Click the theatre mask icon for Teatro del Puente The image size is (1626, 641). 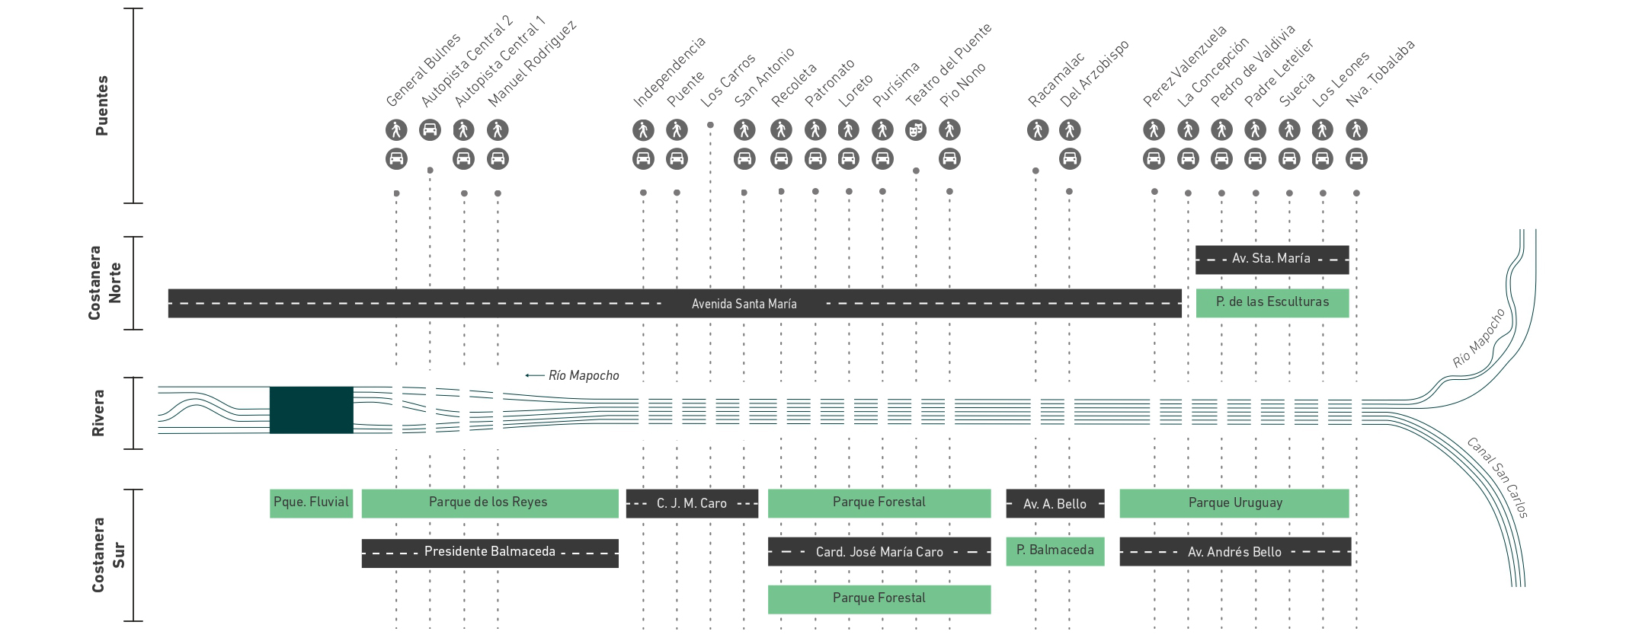916,130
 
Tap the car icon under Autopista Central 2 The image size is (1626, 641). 430,130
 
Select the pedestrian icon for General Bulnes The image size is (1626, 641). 396,130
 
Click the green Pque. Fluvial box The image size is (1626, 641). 311,503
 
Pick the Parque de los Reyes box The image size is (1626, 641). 490,503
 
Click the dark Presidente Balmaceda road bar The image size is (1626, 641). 490,553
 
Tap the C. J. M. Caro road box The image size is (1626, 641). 692,503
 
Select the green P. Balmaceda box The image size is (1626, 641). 1055,551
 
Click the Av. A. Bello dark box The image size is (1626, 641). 1055,503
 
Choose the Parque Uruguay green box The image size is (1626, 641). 1234,503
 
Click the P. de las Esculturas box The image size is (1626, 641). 1272,303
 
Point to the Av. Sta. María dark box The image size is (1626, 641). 1272,260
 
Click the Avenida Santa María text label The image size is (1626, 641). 744,304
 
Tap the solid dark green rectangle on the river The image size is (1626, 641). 311,410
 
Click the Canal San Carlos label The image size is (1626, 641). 1497,478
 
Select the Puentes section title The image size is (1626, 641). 102,106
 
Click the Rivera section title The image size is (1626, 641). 98,413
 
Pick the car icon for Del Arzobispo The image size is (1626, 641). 1070,159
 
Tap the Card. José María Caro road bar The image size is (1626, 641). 879,552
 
